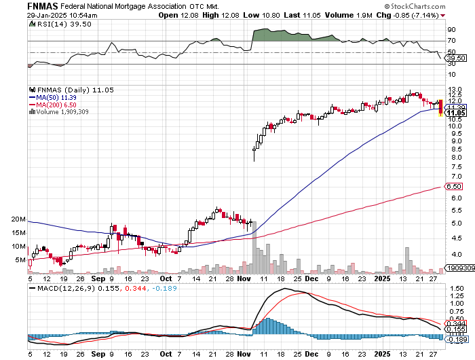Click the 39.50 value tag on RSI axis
pos(454,58)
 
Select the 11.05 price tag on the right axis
pos(454,112)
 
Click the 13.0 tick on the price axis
pos(454,90)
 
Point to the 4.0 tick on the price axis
pos(454,254)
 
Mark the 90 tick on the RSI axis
pos(450,30)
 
